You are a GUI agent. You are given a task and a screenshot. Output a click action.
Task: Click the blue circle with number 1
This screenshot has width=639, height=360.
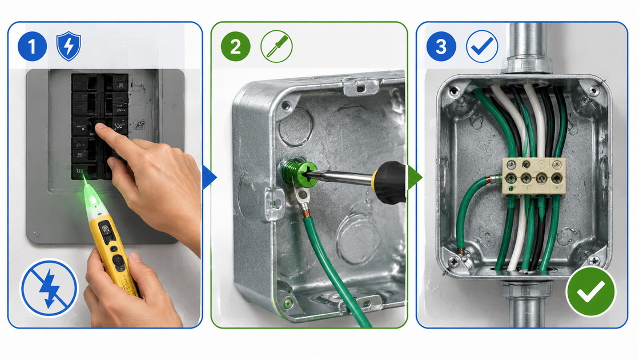tap(32, 46)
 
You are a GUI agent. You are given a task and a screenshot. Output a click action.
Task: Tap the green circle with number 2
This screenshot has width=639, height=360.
tap(235, 46)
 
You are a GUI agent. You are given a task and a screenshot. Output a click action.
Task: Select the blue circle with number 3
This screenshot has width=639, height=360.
tap(441, 46)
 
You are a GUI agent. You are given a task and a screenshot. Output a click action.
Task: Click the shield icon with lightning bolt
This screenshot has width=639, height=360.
tap(69, 46)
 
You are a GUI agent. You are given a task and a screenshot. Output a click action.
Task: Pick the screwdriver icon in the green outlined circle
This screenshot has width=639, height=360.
tap(276, 46)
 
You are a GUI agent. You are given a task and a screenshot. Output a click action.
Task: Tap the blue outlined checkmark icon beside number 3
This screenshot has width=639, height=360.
tap(482, 46)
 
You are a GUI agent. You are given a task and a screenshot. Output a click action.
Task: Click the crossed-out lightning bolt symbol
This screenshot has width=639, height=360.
tap(49, 287)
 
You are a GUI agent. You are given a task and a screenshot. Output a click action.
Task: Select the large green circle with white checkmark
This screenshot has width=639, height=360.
tap(590, 291)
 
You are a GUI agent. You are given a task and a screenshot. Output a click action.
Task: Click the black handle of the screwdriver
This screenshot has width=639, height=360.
tap(389, 182)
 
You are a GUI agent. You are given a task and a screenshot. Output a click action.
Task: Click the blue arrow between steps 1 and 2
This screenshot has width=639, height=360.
tap(209, 177)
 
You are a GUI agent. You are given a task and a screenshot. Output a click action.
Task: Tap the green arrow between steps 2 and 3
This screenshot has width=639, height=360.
tap(415, 177)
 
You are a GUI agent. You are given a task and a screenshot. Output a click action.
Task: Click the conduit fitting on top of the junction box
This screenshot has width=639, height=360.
tap(527, 65)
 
